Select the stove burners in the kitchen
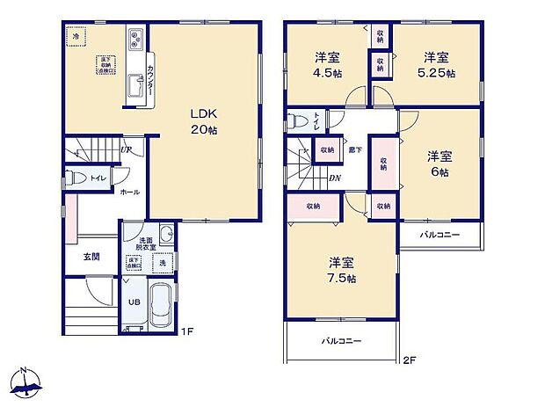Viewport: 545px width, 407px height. coord(137,39)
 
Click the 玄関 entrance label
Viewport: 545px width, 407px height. coord(91,257)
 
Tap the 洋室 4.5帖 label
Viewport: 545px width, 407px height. coord(330,66)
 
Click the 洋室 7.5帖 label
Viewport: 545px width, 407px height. coord(343,270)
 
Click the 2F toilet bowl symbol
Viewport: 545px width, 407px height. coord(296,121)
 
